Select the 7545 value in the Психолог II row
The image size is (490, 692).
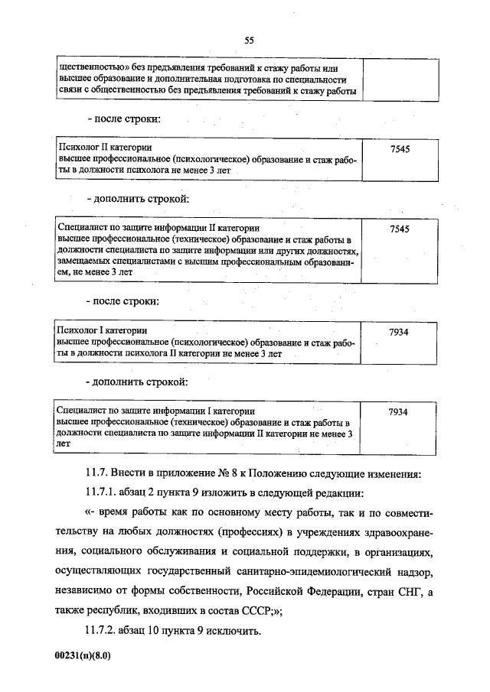[399, 149]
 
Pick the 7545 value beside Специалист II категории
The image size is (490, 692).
[399, 229]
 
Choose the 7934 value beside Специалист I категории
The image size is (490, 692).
[399, 412]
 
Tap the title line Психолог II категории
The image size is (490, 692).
[106, 147]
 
